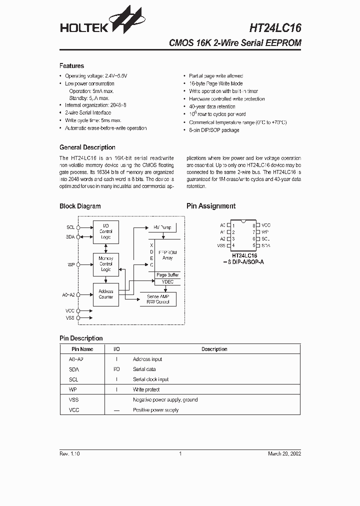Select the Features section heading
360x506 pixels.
71,66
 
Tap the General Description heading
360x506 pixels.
87,147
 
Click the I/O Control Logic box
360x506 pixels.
105,232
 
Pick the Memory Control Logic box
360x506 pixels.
105,264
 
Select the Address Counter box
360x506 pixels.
105,294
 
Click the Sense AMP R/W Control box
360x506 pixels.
158,299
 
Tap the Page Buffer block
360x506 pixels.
167,275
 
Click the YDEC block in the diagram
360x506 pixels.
167,282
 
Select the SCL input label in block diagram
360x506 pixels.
70,227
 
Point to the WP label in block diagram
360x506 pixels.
71,264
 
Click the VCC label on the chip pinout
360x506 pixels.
266,225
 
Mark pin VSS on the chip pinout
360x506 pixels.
221,245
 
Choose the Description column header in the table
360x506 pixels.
214,349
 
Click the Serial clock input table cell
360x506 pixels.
150,379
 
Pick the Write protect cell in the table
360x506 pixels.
146,389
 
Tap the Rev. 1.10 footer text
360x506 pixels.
69,453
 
